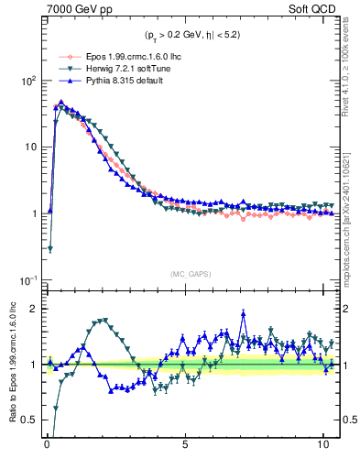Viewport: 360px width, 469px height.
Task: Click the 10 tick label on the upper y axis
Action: (x=27, y=147)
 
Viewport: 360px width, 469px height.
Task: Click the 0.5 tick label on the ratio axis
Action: (x=27, y=420)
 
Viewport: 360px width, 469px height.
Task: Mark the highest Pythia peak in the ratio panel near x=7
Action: (x=244, y=312)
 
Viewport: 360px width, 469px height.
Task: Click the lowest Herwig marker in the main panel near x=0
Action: (x=49, y=248)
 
